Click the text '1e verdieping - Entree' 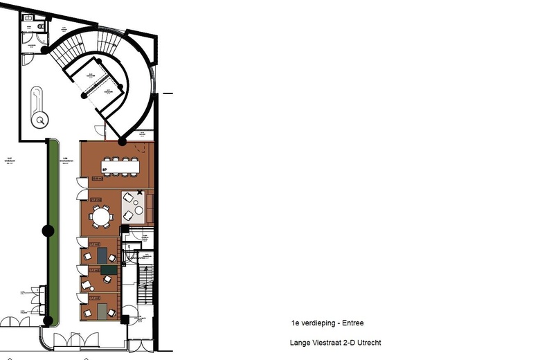pos(327,323)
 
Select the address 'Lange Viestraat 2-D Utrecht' pos(336,343)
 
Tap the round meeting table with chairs pos(101,217)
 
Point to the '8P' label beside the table pos(105,169)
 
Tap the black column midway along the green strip pos(48,231)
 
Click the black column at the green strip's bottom pos(48,321)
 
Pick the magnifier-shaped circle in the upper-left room pos(41,120)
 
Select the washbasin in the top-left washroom pos(27,27)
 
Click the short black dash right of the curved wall pos(168,93)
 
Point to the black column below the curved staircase pos(123,142)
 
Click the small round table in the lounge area pos(139,210)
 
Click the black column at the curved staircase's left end pos(45,49)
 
